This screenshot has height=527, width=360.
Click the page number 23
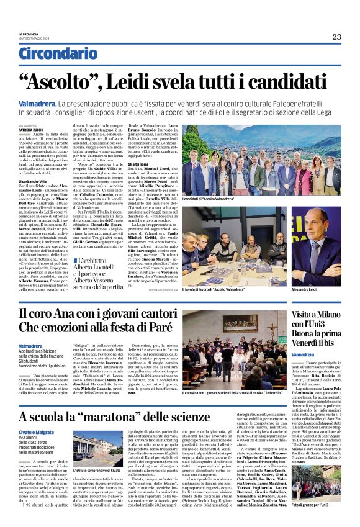(336, 37)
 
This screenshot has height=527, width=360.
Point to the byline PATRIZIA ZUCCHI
(29, 128)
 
